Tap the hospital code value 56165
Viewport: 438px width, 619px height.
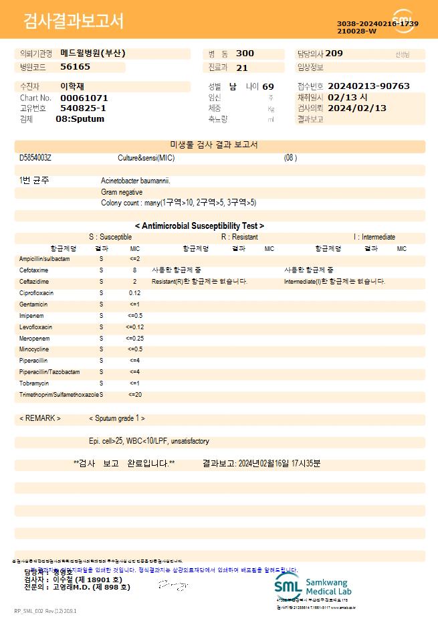click(75, 67)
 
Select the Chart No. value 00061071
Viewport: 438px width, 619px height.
click(84, 98)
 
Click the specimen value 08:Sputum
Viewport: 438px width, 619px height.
click(80, 119)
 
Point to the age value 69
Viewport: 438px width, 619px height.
click(268, 86)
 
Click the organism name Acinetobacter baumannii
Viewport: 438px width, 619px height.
click(136, 181)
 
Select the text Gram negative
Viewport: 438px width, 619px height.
click(122, 192)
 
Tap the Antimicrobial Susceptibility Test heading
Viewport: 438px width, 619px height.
click(199, 226)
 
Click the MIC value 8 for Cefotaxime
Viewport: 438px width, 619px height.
click(134, 270)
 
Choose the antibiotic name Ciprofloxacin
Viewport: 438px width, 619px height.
click(37, 293)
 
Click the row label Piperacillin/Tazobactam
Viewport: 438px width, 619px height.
click(49, 372)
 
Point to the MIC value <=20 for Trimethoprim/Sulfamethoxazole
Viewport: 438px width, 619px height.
click(134, 395)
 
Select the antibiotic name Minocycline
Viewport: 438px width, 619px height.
click(34, 349)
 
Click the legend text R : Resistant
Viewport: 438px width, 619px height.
click(239, 237)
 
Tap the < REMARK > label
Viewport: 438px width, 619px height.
click(40, 418)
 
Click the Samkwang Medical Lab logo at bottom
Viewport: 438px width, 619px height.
click(312, 586)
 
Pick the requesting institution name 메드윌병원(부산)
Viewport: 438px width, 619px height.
click(92, 54)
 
